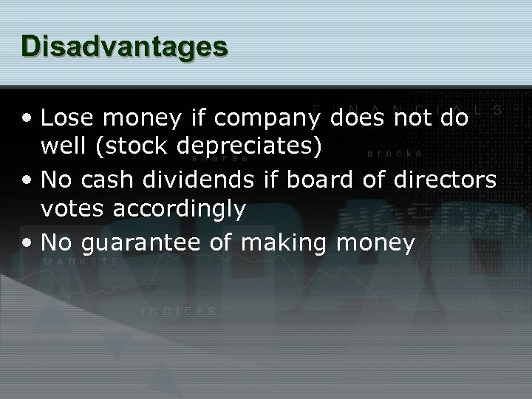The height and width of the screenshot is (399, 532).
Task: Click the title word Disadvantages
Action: tap(125, 47)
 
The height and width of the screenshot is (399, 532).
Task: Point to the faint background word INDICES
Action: tap(179, 311)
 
